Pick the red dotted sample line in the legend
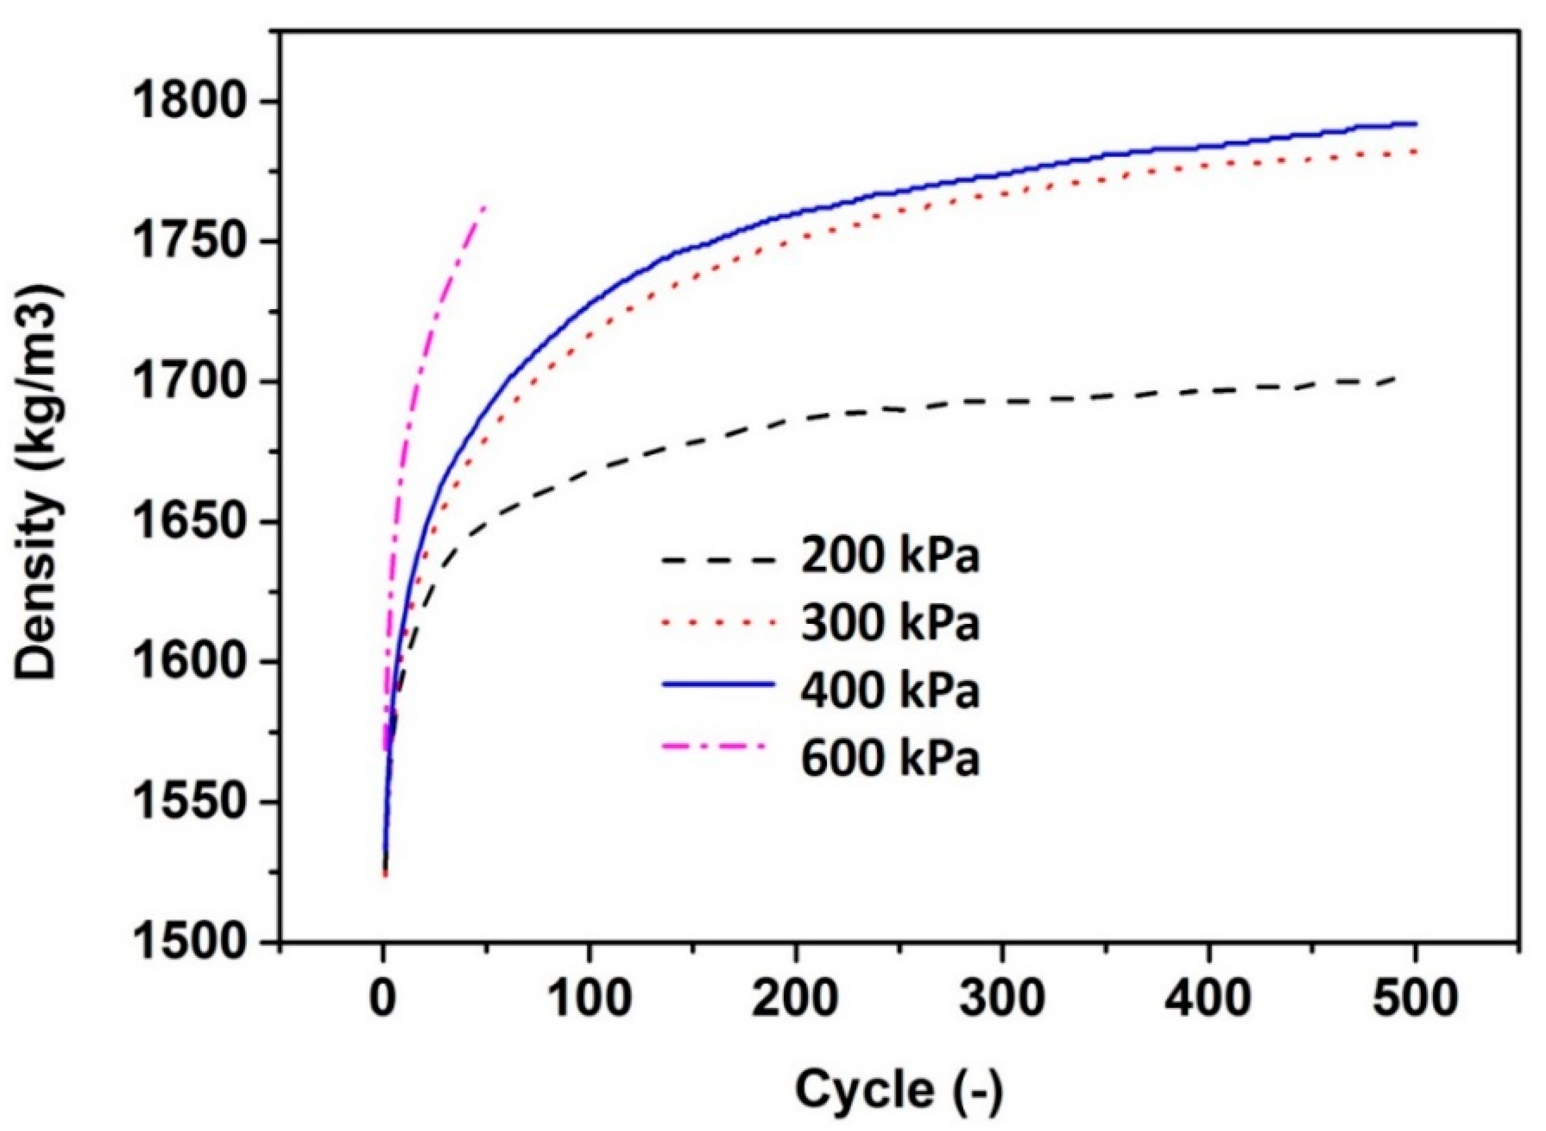(718, 623)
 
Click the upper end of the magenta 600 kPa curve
(484, 207)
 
